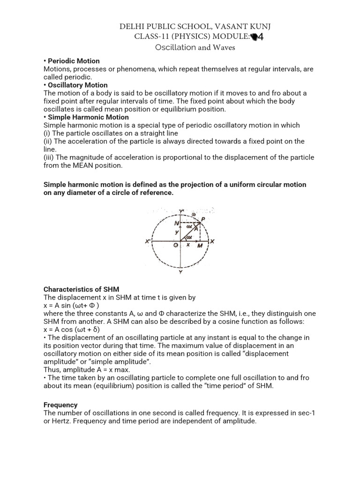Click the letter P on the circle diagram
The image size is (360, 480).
(202, 218)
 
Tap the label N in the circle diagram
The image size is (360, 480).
(176, 224)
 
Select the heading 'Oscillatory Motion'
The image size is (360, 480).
(77, 85)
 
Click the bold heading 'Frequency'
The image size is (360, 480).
(60, 405)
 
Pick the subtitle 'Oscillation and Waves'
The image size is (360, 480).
(195, 47)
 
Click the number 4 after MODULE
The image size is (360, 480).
(261, 37)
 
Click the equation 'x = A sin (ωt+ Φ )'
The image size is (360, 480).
(71, 305)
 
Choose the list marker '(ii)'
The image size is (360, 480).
(49, 141)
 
